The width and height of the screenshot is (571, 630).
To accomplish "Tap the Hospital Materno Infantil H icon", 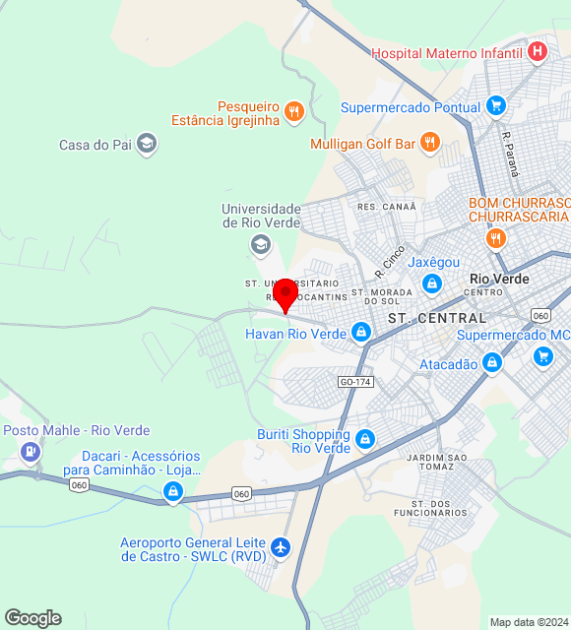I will pos(538,52).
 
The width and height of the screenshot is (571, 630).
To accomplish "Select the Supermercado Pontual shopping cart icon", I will pos(496,106).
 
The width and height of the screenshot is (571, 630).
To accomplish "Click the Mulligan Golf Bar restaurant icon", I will pos(429,144).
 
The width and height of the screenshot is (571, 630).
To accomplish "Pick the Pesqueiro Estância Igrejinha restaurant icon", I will pos(292,112).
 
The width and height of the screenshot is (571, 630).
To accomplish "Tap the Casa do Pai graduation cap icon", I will pos(147,145).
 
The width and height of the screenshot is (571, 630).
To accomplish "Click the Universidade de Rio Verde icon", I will pos(261,243).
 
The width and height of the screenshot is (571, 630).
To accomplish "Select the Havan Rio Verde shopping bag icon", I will pos(361,333).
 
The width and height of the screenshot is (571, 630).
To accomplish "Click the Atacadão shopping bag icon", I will pos(492,364).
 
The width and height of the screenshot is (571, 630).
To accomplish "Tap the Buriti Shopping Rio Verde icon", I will pos(365,439).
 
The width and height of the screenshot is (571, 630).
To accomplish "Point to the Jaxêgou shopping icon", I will pos(431,283).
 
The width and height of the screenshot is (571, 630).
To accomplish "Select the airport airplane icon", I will pos(282,547).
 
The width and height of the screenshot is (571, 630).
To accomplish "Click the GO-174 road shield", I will pos(355,381).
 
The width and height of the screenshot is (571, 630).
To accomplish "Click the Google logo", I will pos(32,617).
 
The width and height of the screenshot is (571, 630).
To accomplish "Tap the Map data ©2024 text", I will pos(529,622).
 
